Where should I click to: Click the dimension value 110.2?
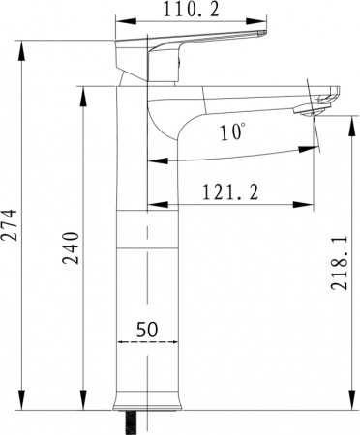coord(192,11)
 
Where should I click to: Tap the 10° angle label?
coord(231,133)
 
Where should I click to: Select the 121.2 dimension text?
coord(230,192)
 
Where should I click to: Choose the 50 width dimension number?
coord(147,329)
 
